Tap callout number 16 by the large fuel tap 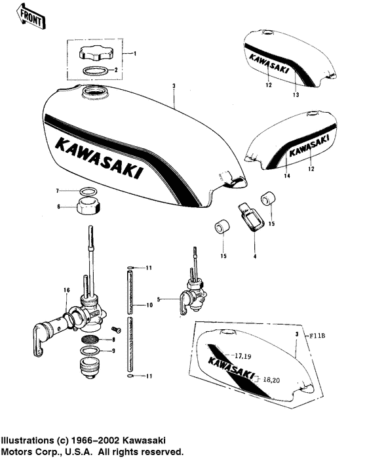point(66,289)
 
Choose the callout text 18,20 point(270,380)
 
